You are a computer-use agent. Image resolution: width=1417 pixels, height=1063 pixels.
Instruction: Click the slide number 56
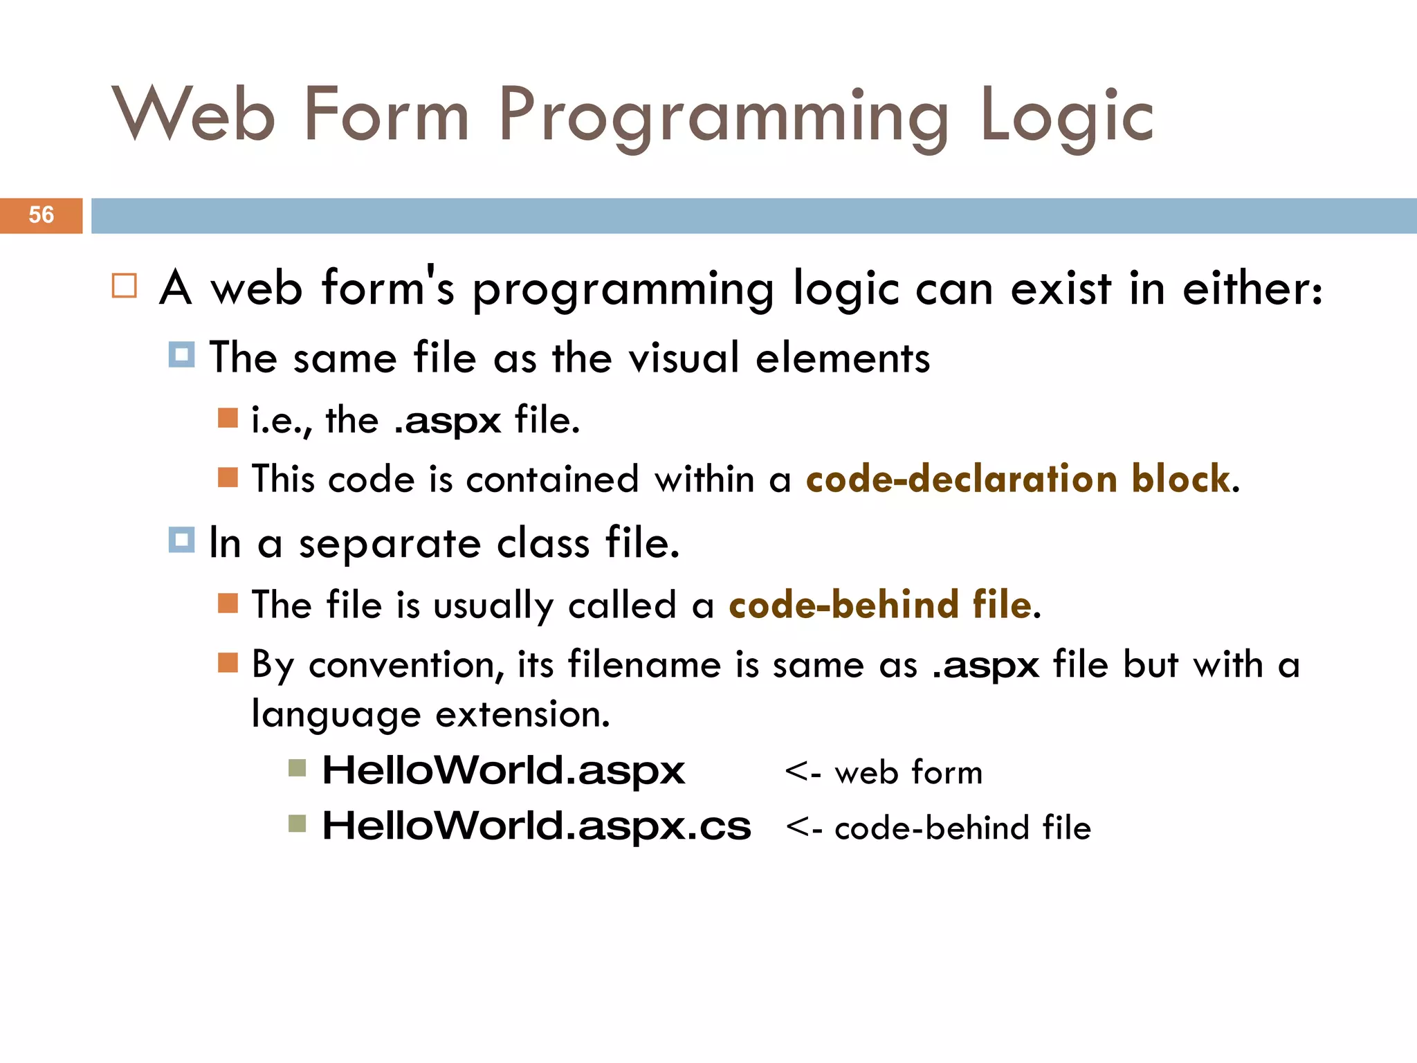pos(41,215)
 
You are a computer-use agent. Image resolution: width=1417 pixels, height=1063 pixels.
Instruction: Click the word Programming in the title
pos(723,116)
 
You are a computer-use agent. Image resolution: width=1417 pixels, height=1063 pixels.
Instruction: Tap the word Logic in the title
pos(1066,116)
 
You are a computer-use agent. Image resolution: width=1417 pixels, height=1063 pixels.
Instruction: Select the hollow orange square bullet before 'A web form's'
pos(125,286)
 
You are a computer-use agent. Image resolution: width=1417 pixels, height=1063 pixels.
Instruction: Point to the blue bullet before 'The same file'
pos(181,354)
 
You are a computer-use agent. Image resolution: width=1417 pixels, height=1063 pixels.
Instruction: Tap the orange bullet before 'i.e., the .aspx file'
pos(228,418)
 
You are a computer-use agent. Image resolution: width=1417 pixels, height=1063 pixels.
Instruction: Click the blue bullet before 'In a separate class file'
pos(181,540)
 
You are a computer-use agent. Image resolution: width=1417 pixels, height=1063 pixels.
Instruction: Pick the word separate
pos(390,544)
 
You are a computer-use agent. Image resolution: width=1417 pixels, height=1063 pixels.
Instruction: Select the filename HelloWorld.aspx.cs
pos(536,826)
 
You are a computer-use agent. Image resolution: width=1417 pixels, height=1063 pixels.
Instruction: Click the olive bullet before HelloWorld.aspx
pos(297,768)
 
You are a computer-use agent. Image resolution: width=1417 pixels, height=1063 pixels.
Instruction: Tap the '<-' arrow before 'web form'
pos(803,772)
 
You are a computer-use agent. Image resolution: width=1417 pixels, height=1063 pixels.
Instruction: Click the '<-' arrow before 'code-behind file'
pos(803,828)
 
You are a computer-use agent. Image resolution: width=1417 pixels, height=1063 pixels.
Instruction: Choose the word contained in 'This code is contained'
pos(551,479)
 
